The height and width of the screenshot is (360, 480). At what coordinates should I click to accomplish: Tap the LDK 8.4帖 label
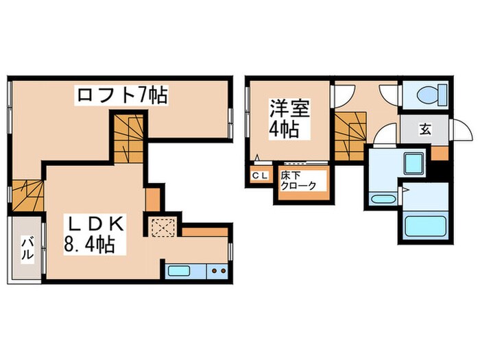click(95, 232)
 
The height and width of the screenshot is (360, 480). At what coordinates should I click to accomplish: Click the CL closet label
click(260, 177)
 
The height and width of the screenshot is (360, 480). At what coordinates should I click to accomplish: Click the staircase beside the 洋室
click(350, 136)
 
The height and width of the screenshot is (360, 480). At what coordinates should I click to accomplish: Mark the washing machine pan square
click(414, 165)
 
